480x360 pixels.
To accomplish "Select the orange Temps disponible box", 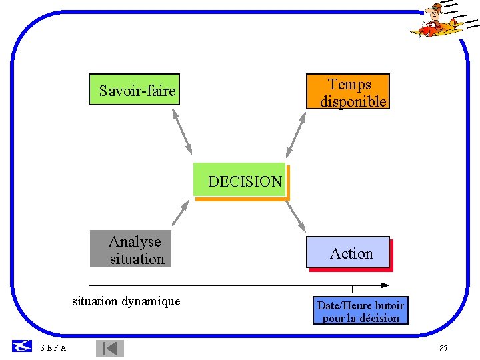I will tap(347, 92).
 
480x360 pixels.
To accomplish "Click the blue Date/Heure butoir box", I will tap(360, 311).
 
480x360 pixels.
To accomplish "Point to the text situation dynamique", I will tap(126, 301).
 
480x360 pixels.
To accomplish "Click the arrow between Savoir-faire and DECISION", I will tap(182, 131).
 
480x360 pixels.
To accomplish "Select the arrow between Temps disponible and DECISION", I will tap(296, 134).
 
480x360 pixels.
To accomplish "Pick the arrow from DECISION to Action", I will tap(295, 215).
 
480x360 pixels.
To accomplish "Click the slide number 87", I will tap(444, 349).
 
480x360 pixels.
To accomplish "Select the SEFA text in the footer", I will tap(53, 348).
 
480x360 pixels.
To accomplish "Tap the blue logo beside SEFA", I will tap(22, 346).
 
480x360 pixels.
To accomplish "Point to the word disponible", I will tap(353, 101).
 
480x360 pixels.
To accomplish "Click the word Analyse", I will tap(135, 241).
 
